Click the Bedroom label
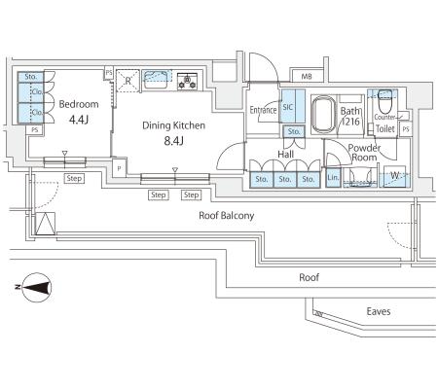pos(79,104)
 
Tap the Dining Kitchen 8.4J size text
pos(174,141)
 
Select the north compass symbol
pos(36,287)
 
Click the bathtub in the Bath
pos(322,115)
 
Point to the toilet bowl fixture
pos(385,97)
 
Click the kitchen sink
pos(157,80)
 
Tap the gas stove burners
pos(187,81)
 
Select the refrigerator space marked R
pos(128,81)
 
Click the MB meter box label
pos(307,77)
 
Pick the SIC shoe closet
pos(293,106)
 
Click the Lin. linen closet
pos(333,178)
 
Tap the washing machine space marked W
pos(394,177)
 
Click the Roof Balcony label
pos(227,216)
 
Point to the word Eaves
pos(379,311)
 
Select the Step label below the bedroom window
pos(74,178)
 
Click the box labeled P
pos(120,168)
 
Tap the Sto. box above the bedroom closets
pos(30,77)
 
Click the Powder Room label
pos(364,153)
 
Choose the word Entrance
pos(263,110)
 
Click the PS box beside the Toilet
pos(406,129)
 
